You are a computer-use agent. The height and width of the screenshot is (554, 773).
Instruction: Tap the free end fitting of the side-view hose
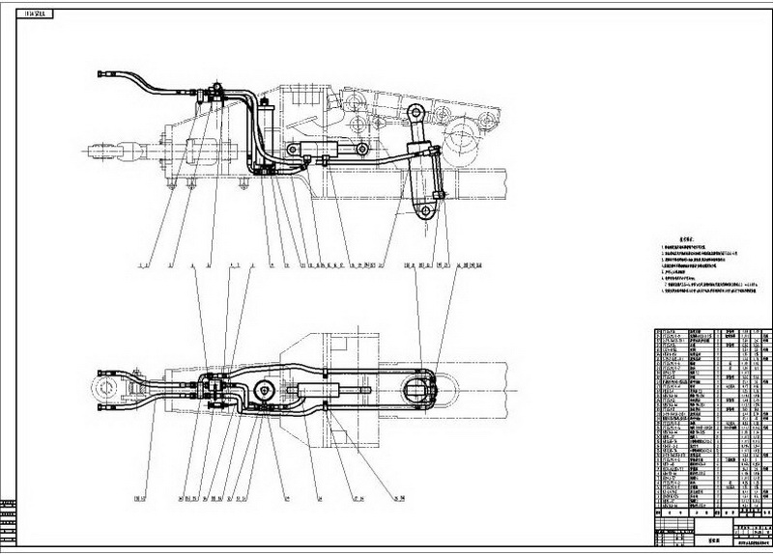click(103, 74)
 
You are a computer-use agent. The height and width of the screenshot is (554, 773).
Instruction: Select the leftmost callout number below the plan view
click(139, 499)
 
